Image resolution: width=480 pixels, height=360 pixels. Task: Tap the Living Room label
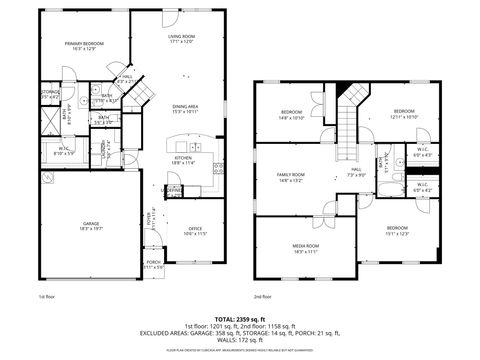point(181,39)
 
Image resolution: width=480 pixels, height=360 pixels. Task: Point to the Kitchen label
point(184,160)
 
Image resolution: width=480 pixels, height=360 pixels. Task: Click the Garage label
point(91,226)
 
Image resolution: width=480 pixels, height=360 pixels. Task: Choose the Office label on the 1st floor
point(196,231)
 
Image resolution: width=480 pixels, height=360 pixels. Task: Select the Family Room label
point(291,178)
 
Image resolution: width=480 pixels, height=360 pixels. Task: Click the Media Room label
point(306,248)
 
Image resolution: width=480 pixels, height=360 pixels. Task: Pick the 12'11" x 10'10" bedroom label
point(403,114)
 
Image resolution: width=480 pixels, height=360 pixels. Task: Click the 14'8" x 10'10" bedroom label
point(291,114)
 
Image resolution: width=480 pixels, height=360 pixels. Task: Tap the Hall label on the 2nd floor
point(355,172)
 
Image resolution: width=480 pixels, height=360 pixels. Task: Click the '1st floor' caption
point(46,297)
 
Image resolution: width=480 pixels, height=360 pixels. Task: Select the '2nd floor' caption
point(263,297)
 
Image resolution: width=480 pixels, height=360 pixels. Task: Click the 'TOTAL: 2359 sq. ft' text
point(240,318)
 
